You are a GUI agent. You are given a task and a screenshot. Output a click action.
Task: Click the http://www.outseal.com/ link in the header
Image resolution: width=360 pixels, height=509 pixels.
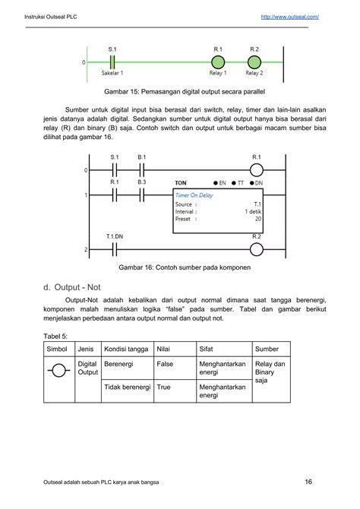tap(289, 16)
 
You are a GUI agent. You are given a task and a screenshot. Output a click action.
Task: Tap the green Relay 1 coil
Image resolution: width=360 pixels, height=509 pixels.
tap(218, 62)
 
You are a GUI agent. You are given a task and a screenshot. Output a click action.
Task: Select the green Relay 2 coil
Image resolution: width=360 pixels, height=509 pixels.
tap(254, 62)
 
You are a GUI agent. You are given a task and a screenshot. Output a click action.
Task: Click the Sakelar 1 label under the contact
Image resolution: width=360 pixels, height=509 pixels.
tap(112, 74)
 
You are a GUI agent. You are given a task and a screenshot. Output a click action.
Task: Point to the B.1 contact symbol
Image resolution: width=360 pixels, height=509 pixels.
tap(141, 169)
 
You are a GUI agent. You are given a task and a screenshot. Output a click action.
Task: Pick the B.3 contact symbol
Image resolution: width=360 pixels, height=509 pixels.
tap(141, 194)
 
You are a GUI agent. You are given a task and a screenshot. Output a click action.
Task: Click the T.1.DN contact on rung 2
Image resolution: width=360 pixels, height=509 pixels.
tap(115, 248)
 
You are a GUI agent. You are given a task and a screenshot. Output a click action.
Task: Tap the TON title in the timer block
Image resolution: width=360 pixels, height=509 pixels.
tap(181, 183)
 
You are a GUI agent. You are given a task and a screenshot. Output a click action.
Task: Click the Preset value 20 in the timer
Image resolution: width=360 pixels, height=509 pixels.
tap(257, 218)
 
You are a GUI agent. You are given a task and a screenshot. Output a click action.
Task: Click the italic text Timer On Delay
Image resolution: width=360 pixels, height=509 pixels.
tap(195, 194)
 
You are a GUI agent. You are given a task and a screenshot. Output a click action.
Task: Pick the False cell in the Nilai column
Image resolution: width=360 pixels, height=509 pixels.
tap(165, 364)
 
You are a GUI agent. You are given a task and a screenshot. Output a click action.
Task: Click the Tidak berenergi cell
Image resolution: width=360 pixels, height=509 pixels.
tap(125, 387)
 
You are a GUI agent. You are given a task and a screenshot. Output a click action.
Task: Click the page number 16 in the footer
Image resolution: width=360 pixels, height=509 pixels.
tap(309, 481)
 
